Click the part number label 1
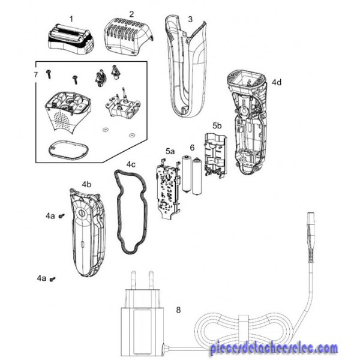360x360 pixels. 71,19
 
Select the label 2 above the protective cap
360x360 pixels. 131,14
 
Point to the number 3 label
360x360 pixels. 190,19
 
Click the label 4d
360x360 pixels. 277,82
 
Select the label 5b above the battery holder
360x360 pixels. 217,126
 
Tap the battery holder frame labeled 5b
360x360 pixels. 215,155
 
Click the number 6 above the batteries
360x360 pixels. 193,148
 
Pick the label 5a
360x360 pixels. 170,151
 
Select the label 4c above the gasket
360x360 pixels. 131,164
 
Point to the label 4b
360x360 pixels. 86,184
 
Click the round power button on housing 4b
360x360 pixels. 82,213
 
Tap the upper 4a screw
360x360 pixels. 61,216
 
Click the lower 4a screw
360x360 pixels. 53,279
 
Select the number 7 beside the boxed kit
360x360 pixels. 35,74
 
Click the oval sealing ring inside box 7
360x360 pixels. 68,149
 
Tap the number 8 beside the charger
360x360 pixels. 178,310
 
